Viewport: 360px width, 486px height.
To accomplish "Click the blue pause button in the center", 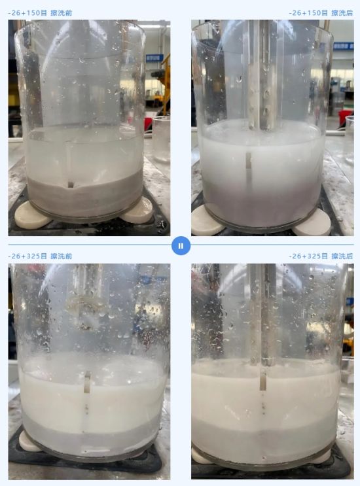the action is pyautogui.click(x=181, y=246).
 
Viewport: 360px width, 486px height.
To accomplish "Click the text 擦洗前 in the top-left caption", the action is pyautogui.click(x=62, y=13).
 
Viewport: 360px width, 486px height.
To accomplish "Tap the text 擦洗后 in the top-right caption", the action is pyautogui.click(x=342, y=13).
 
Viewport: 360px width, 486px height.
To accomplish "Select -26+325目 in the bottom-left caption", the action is pyautogui.click(x=27, y=256).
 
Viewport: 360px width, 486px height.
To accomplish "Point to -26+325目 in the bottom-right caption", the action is pyautogui.click(x=308, y=256).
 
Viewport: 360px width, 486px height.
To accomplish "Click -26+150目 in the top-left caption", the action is pyautogui.click(x=27, y=13).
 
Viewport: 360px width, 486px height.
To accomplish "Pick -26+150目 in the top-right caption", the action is pyautogui.click(x=308, y=13).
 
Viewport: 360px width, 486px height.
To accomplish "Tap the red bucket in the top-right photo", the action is pyautogui.click(x=345, y=118).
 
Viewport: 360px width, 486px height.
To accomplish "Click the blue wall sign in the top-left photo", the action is pyautogui.click(x=154, y=58).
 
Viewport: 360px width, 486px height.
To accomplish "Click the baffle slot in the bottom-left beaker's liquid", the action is pyautogui.click(x=88, y=383).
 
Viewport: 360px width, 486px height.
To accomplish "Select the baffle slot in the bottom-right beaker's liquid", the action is pyautogui.click(x=263, y=379).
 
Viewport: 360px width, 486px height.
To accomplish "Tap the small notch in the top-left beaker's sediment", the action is pyautogui.click(x=71, y=184).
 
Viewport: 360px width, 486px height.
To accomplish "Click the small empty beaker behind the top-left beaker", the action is pyautogui.click(x=161, y=139).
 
